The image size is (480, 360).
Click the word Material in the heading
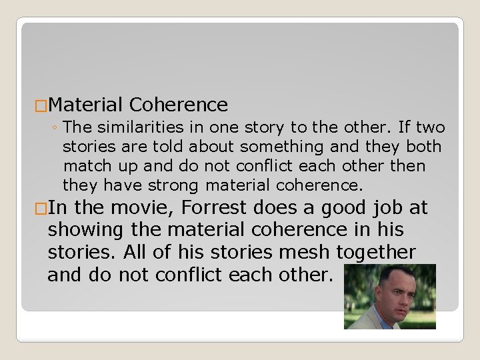coord(85,105)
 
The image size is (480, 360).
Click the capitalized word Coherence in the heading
coord(179,105)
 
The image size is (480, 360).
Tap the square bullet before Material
coord(41,105)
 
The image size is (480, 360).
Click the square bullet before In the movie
coord(41,209)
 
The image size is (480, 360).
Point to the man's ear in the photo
coord(419,293)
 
